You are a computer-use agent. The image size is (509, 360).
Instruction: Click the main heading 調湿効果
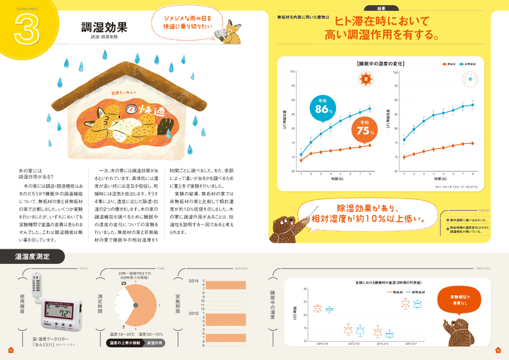[104, 28]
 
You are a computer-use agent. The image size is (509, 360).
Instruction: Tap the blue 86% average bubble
[320, 108]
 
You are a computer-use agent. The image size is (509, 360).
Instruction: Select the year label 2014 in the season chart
[193, 280]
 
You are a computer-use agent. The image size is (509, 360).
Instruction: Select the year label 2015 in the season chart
[193, 313]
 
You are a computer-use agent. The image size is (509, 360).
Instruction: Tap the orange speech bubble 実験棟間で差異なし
[460, 299]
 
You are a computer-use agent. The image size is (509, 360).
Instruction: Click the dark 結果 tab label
[384, 7]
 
